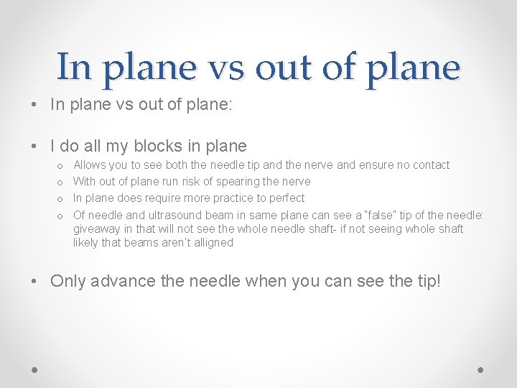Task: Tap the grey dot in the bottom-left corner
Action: (x=34, y=370)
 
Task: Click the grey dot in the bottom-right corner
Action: (x=481, y=370)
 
